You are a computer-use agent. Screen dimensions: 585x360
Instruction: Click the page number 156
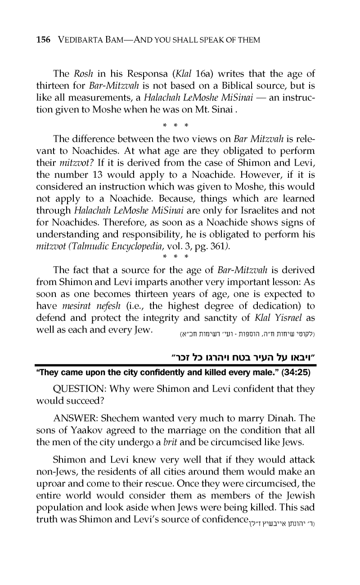point(44,40)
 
